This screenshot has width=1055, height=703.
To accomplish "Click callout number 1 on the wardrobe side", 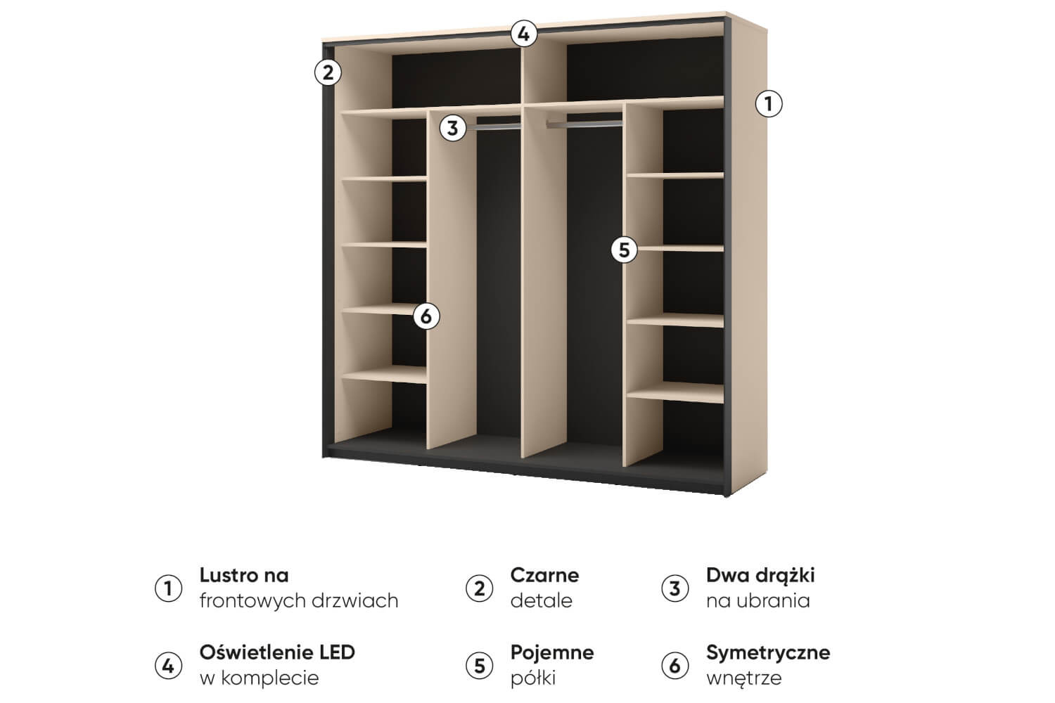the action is (x=768, y=103).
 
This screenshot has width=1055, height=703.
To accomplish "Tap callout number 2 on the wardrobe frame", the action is (x=328, y=72).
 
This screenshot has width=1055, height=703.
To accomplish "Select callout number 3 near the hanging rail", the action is (x=453, y=128).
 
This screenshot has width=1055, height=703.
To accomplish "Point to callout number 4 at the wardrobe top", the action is (x=524, y=34).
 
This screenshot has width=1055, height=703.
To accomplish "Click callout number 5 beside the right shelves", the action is (x=624, y=250).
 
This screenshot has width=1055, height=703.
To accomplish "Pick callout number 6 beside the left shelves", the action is (x=426, y=316).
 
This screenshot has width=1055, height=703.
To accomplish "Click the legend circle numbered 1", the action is (x=168, y=588).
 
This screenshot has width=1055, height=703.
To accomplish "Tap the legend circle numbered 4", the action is (x=168, y=666).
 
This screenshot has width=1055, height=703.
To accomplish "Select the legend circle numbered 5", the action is (x=479, y=666).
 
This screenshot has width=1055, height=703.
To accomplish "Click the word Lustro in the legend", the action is (x=227, y=575).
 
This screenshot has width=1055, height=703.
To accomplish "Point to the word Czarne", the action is (x=544, y=575).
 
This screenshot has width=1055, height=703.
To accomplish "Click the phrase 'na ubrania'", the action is (x=757, y=601).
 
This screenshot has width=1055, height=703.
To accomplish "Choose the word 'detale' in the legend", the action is (x=541, y=601).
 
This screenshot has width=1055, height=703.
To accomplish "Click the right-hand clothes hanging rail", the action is (x=584, y=124).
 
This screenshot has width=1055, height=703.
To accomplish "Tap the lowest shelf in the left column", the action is (x=384, y=374).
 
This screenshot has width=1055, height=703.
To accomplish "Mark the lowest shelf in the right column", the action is (x=675, y=392).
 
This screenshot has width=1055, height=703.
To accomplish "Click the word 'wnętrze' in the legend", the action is (x=743, y=678).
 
